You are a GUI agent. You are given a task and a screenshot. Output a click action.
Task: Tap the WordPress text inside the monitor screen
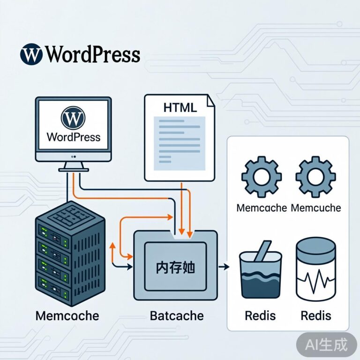[74, 137]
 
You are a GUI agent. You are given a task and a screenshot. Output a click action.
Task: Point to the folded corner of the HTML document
[210, 100]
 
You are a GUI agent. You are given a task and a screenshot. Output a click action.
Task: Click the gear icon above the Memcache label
[261, 177]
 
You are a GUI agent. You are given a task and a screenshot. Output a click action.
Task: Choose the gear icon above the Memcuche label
[315, 177]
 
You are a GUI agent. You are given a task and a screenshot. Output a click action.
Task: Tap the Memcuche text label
[315, 207]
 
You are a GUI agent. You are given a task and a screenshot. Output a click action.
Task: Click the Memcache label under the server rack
[67, 315]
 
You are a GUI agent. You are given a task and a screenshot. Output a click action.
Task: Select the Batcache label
[177, 315]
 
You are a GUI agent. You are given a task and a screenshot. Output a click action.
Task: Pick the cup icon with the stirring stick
[260, 271]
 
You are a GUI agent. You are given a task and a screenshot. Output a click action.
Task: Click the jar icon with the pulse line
[315, 270]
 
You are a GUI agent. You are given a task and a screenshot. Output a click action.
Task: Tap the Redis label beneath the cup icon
[260, 315]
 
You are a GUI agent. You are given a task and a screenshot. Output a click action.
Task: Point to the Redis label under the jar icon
[315, 315]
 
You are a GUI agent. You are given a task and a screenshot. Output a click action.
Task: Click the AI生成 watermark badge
[327, 345]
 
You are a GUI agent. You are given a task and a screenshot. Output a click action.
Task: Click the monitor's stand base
[74, 168]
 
